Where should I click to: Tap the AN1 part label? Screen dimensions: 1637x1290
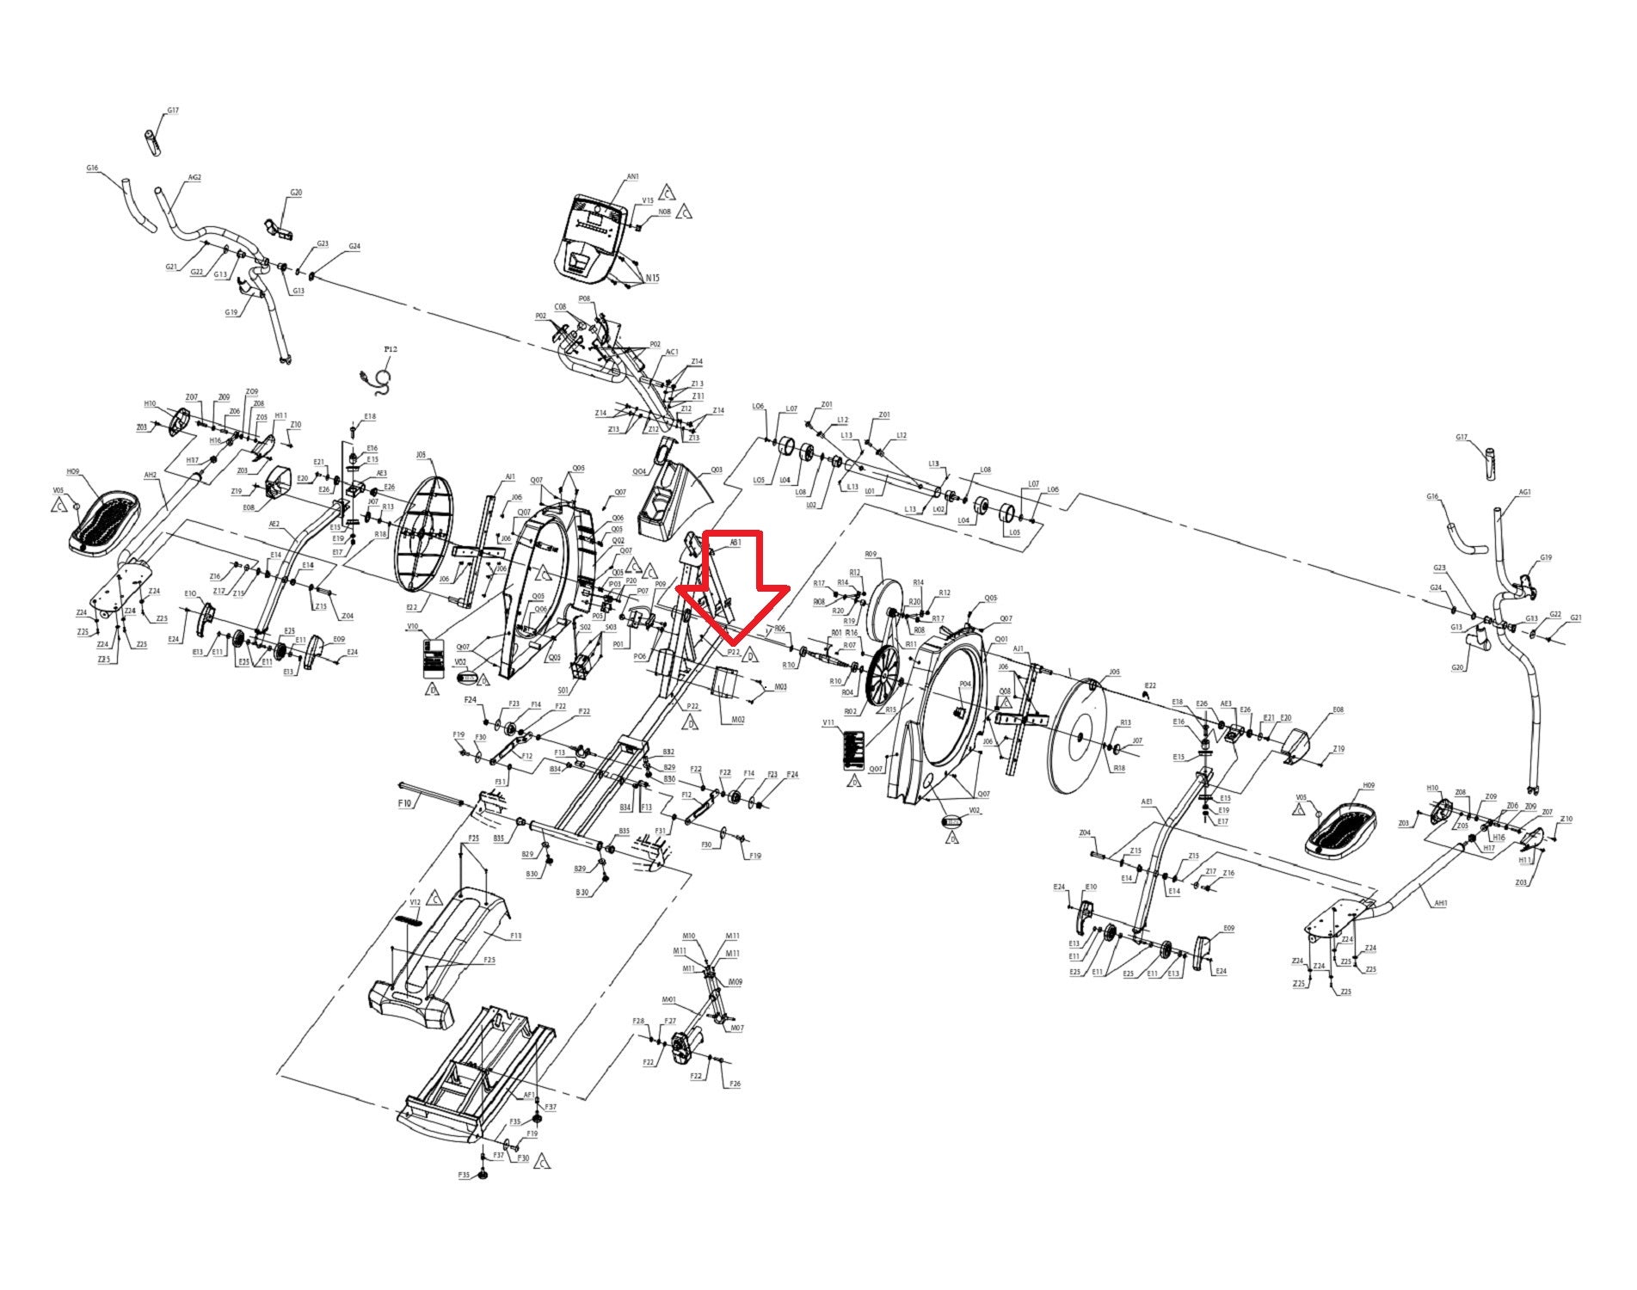(632, 176)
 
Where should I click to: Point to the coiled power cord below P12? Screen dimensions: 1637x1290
(379, 378)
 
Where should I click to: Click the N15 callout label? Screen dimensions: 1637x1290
(653, 278)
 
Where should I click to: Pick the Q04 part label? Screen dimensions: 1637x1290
(639, 472)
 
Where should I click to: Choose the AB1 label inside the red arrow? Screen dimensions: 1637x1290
(735, 543)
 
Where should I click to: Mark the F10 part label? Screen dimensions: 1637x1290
(405, 802)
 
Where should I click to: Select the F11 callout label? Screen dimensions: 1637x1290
(515, 935)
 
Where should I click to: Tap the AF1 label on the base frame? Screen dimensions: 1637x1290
(530, 1095)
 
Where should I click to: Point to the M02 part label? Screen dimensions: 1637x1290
(737, 719)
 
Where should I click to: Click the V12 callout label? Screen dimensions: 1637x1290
(415, 902)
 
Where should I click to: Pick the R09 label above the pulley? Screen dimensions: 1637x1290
(871, 555)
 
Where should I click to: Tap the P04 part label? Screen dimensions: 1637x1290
(964, 684)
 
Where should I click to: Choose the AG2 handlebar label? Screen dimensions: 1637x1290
(194, 178)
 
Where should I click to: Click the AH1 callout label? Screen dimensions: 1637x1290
(1441, 903)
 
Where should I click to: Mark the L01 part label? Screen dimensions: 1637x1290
(870, 491)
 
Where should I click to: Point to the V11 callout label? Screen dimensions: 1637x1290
(829, 723)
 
